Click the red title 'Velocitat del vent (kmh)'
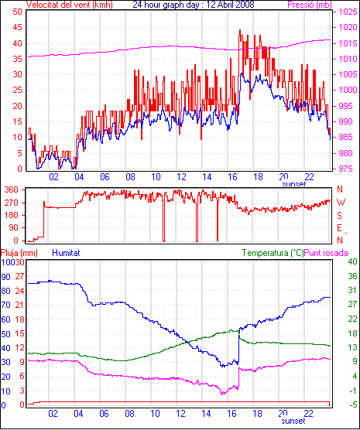[69, 5]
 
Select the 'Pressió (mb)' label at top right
[310, 5]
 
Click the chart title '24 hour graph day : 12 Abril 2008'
[194, 5]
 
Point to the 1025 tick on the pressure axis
[348, 12]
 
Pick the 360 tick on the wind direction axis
[12, 189]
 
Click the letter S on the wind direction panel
[340, 216]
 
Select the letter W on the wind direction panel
[341, 203]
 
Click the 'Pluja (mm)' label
[19, 253]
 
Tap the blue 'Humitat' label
[66, 253]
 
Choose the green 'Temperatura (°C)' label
[273, 253]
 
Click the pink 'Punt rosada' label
[326, 253]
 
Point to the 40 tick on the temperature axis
[352, 261]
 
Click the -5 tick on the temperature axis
[352, 404]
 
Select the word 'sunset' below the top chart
[294, 184]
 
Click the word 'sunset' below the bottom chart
[293, 421]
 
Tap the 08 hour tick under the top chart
[130, 177]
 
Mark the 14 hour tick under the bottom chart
[206, 414]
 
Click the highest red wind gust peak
[240, 30]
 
